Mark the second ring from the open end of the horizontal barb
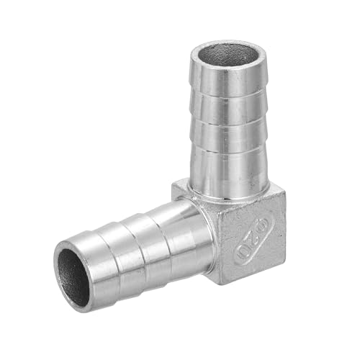point(137,241)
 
